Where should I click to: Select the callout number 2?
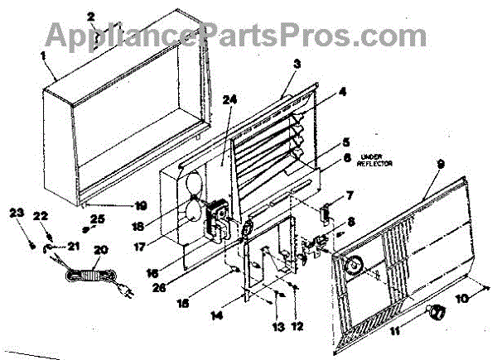coord(91,16)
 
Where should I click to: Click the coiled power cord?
coord(84,279)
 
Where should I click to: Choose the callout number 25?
coord(99,219)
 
